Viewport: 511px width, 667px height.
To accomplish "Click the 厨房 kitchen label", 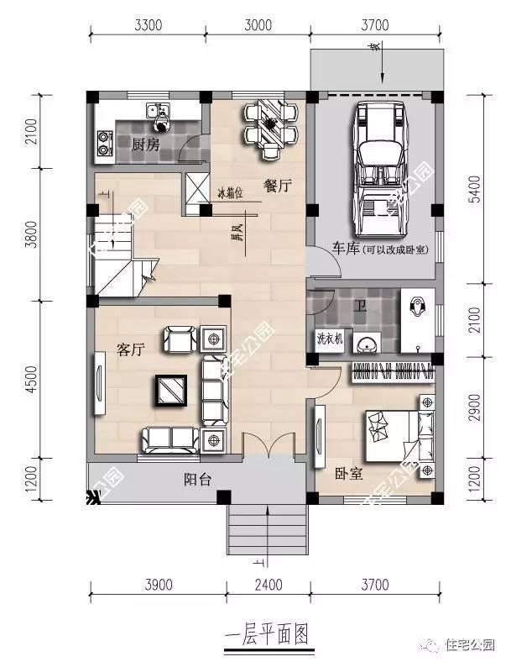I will tap(144, 144).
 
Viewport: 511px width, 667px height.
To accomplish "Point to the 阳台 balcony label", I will tap(198, 480).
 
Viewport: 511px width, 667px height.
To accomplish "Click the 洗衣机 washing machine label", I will tap(328, 340).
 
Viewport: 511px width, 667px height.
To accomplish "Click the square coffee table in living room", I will tap(171, 388).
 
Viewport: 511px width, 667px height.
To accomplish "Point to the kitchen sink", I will tap(157, 112).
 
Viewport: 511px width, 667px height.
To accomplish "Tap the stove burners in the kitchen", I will tap(105, 143).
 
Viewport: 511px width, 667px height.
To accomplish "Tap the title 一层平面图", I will tap(267, 633).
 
